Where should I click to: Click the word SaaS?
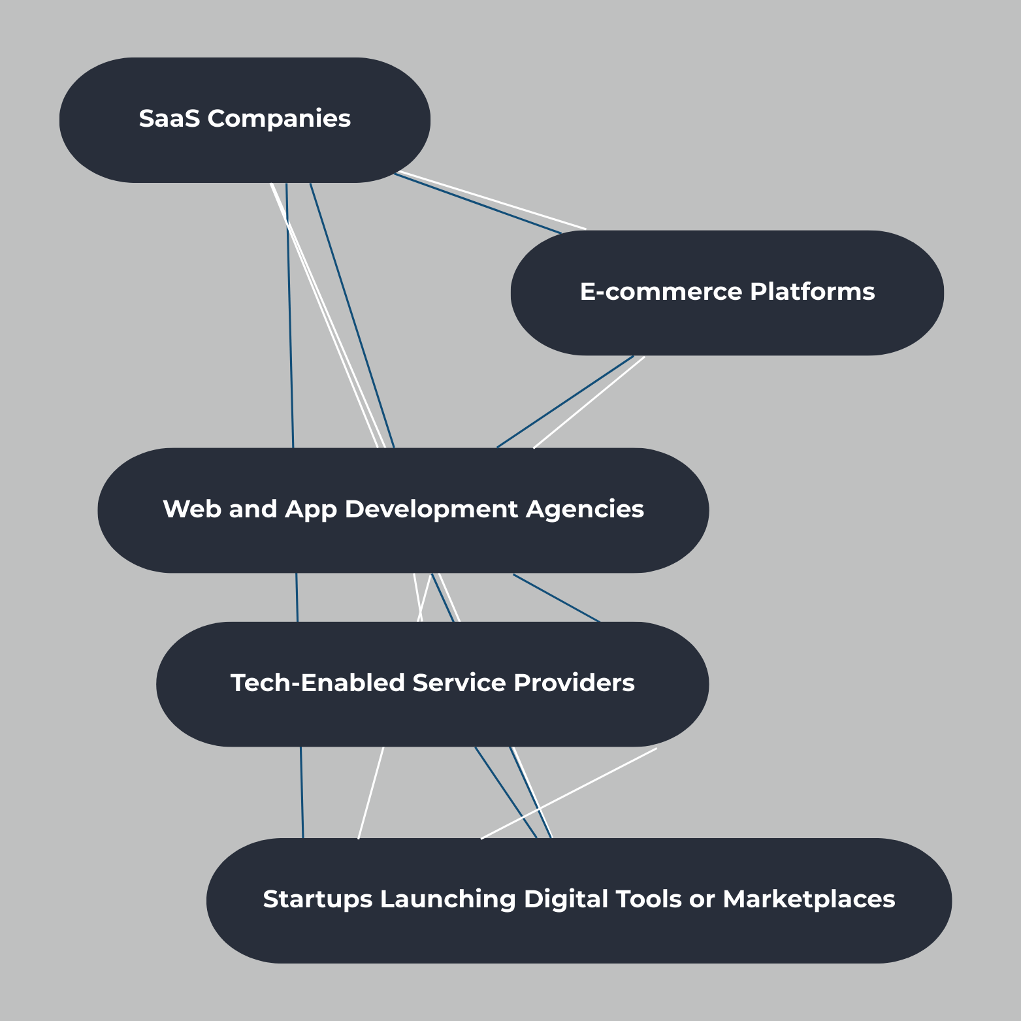coord(169,119)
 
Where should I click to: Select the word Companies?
coord(279,119)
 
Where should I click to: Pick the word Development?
coord(430,509)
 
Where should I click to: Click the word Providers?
coord(574,683)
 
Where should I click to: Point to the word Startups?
coord(317,899)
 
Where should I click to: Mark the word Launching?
coord(448,899)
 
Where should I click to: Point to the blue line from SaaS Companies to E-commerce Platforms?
coord(477,203)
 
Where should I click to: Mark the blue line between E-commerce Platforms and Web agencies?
coord(565,402)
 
